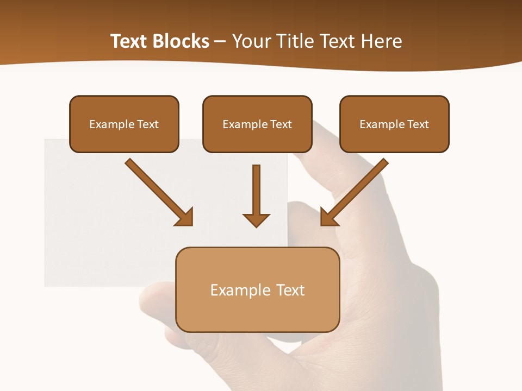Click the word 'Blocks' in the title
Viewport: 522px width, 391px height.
click(x=180, y=41)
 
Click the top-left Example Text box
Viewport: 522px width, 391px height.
click(x=124, y=124)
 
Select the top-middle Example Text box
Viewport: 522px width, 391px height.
click(x=257, y=124)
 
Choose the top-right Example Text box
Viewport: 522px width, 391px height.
click(x=394, y=124)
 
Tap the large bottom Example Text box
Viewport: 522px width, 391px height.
click(x=257, y=289)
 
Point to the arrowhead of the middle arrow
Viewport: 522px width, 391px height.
click(x=256, y=219)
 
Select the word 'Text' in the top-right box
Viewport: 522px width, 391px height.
click(x=418, y=124)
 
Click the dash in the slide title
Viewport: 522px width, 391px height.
click(x=220, y=41)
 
